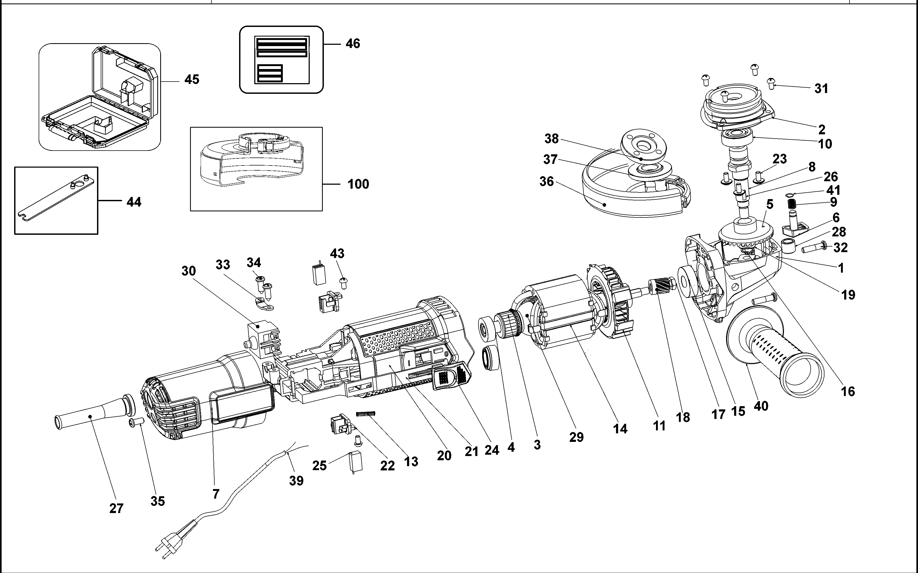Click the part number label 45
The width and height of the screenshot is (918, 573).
coord(192,80)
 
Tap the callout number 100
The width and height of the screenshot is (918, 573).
coord(358,184)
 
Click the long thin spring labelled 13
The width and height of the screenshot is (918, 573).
coord(366,414)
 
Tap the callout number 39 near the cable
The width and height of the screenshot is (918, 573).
coord(296,481)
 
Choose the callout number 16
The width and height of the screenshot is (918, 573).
coord(848,392)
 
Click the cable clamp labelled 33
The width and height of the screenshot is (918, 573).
coord(262,304)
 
